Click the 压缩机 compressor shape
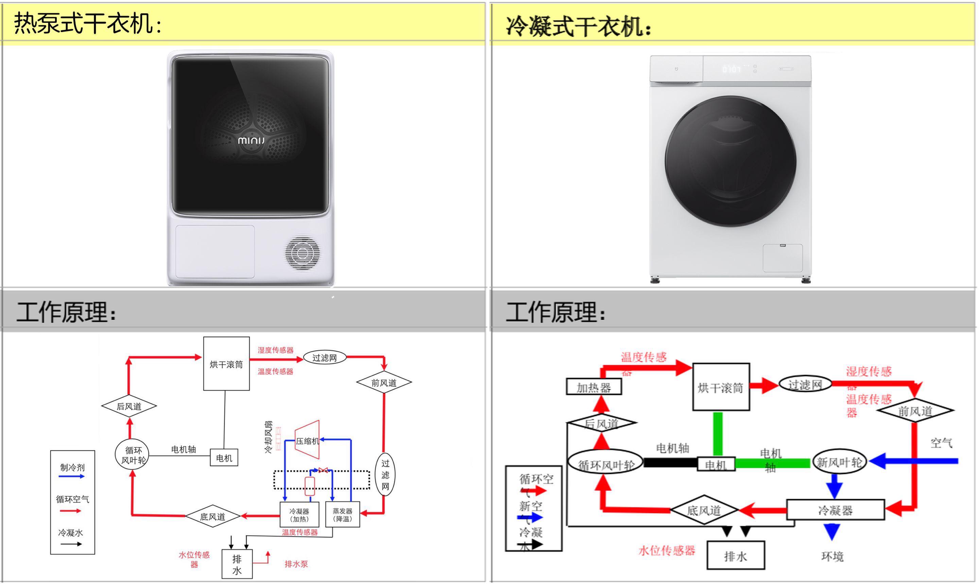coord(307,440)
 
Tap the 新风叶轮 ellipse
coord(839,462)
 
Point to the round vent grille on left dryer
coord(302,253)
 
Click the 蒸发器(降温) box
coord(342,514)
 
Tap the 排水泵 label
coord(296,564)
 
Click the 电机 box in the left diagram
coord(224,458)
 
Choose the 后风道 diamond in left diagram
coord(129,406)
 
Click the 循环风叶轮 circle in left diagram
coord(133,455)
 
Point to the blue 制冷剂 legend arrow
coord(72,476)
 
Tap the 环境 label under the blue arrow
coord(832,556)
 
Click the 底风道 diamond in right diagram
coord(704,510)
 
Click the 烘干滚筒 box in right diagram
coord(720,387)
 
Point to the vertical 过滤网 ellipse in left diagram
coord(385,475)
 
